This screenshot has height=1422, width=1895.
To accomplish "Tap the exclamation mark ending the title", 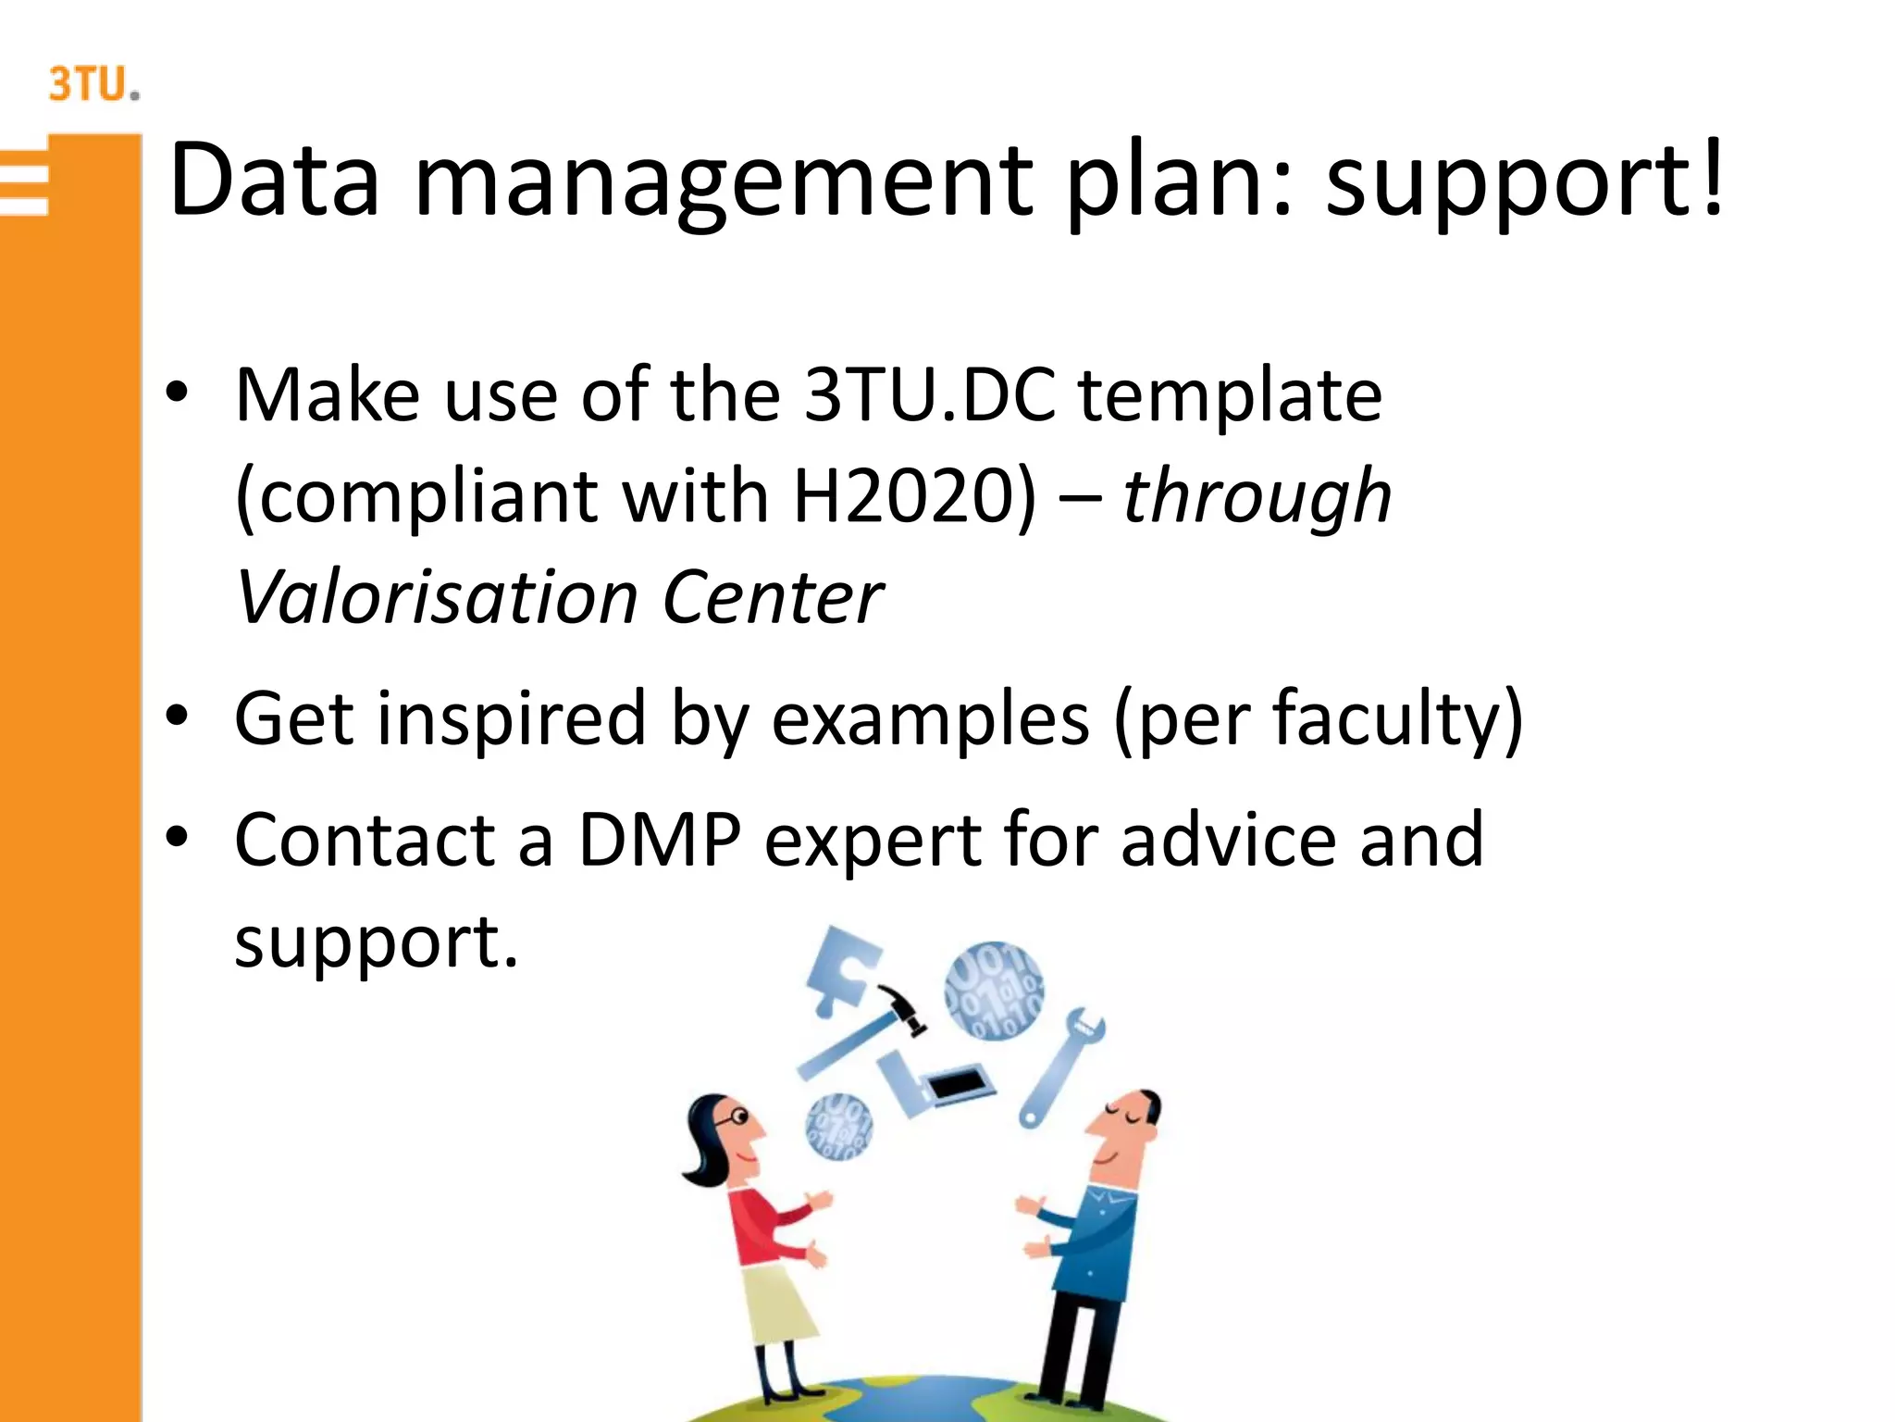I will pyautogui.click(x=1712, y=176).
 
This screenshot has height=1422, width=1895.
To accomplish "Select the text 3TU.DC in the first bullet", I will pyautogui.click(x=929, y=396).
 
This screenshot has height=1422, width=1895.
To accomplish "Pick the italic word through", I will pyautogui.click(x=1256, y=498).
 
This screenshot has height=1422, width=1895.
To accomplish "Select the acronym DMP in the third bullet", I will pyautogui.click(x=659, y=841).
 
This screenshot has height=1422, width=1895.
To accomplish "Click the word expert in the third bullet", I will pyautogui.click(x=873, y=841).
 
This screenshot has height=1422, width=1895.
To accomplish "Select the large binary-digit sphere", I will pyautogui.click(x=994, y=991).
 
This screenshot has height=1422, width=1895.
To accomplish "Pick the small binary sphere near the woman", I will pyautogui.click(x=838, y=1125).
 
